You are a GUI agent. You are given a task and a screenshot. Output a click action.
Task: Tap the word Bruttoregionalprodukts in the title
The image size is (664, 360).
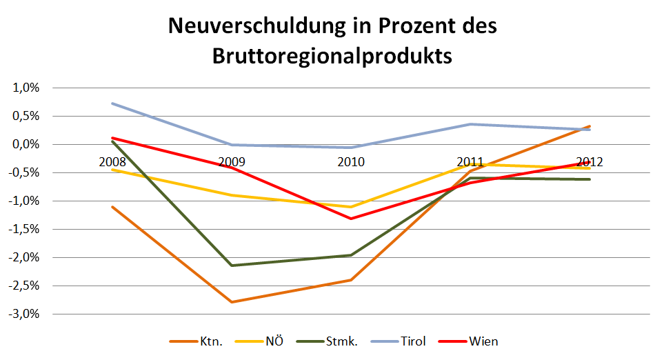tap(332, 55)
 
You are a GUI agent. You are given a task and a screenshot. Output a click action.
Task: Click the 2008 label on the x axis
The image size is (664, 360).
tap(112, 162)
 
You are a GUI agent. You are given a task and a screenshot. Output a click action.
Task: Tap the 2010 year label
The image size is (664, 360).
tap(351, 162)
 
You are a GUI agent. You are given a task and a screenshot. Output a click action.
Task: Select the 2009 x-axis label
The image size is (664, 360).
tap(232, 162)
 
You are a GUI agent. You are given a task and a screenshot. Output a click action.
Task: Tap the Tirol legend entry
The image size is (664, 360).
tap(412, 341)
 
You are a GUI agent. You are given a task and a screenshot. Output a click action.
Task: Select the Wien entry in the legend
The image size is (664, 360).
tap(483, 341)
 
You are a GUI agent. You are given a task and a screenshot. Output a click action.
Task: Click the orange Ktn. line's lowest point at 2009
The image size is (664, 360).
tap(232, 302)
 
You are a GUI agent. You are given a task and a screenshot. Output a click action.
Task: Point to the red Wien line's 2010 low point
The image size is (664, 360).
tap(351, 219)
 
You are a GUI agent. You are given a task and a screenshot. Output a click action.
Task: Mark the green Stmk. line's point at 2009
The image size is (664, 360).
tap(232, 266)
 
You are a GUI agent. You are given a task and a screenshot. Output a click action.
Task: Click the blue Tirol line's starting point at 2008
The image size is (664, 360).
tap(112, 103)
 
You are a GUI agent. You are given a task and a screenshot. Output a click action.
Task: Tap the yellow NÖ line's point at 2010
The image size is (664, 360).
tap(351, 207)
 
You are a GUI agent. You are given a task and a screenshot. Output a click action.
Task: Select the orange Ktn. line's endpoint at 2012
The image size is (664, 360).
tap(590, 126)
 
